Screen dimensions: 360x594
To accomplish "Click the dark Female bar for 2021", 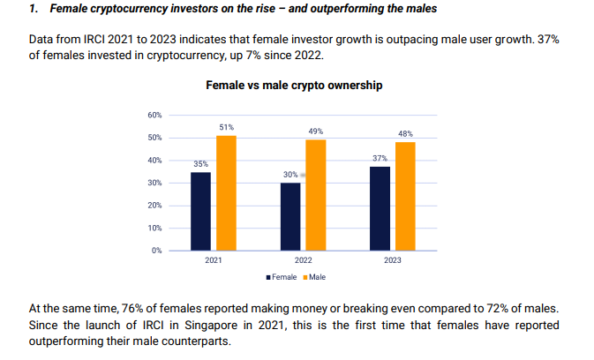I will click(200, 211).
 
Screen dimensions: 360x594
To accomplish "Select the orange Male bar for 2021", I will click(226, 193).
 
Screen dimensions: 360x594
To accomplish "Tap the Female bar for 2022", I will click(290, 216).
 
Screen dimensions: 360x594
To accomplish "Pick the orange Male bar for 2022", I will click(315, 195).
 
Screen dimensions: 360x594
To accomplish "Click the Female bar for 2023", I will click(380, 208).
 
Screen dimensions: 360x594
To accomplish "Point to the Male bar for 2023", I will click(405, 196).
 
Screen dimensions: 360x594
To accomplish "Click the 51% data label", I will click(226, 128).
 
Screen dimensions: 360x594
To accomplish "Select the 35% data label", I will click(200, 164).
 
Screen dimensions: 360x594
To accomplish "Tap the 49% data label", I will click(315, 131).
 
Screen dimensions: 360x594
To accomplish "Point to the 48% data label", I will click(405, 134).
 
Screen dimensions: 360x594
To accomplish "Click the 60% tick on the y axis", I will click(154, 116).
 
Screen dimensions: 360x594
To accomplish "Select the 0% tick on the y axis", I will click(155, 251).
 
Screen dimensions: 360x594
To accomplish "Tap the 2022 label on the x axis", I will click(303, 261).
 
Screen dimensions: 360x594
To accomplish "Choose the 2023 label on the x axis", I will click(393, 261).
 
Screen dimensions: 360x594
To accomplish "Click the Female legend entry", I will click(282, 277).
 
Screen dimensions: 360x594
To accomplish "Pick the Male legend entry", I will click(315, 277).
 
